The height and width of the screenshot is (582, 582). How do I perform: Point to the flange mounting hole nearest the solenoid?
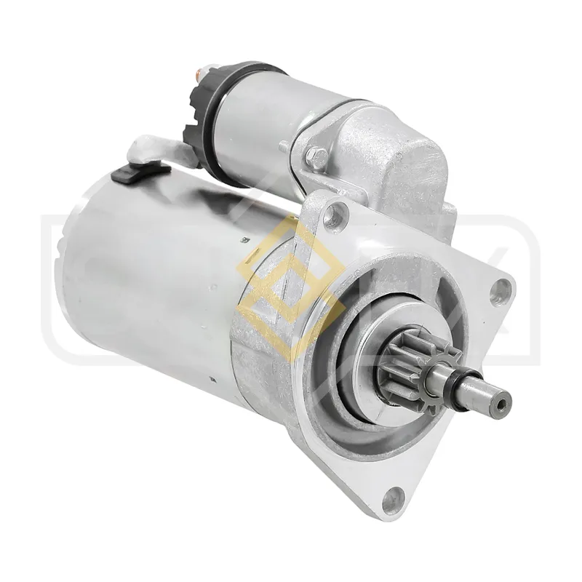click(332, 212)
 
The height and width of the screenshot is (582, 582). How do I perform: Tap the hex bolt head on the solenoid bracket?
click(315, 154)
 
